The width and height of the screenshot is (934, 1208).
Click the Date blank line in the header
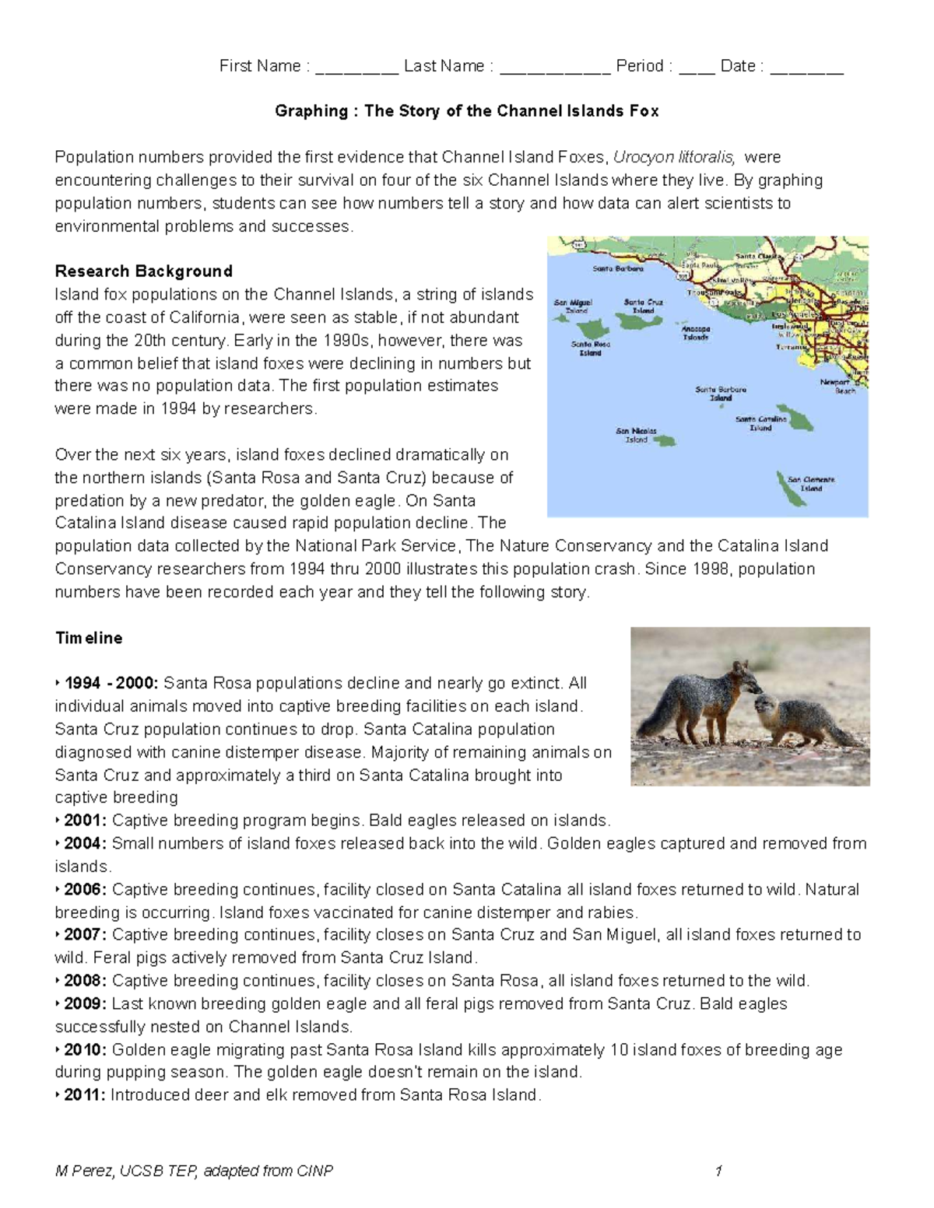[806, 68]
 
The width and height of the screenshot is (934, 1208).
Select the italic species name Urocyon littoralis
[673, 157]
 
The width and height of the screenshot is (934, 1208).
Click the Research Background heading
[143, 271]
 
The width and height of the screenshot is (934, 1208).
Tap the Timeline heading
[89, 638]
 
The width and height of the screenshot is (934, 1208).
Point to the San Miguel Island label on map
[573, 306]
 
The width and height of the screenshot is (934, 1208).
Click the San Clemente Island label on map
[811, 484]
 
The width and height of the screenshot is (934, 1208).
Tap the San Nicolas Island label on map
[636, 435]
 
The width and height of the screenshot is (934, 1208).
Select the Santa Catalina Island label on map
[760, 423]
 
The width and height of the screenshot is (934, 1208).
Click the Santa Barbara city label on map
[617, 269]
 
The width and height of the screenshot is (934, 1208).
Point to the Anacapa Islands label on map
[696, 333]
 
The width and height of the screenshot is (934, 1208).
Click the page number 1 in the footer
[718, 1171]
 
